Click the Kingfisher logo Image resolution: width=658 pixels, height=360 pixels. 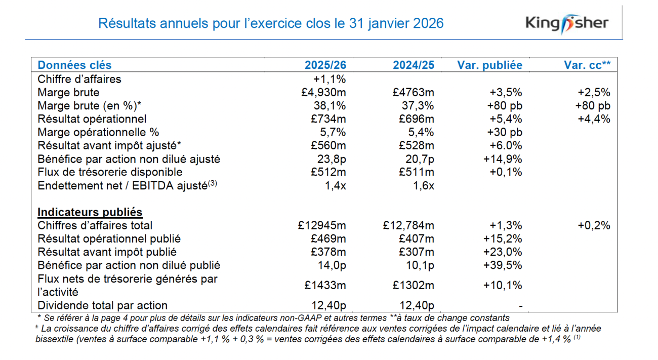tap(567, 23)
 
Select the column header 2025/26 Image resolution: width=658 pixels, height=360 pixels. tap(325, 65)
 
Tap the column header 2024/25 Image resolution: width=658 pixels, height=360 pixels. tap(413, 65)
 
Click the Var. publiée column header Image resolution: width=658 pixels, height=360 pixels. tap(489, 65)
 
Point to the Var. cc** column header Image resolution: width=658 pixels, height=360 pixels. tap(587, 65)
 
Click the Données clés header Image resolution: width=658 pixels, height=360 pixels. tap(75, 65)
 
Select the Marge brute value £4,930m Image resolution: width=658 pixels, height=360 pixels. tap(323, 93)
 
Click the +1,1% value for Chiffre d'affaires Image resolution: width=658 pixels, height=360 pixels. tap(330, 79)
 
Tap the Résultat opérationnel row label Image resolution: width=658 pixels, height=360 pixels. tap(92, 119)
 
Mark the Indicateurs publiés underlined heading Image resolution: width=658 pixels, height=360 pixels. tap(90, 212)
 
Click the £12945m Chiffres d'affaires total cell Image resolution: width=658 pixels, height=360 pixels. tap(322, 225)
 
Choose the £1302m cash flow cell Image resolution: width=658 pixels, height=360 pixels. tap(413, 285)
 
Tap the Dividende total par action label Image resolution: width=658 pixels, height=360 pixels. tap(102, 305)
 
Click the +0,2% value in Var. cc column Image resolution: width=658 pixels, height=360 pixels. tap(594, 225)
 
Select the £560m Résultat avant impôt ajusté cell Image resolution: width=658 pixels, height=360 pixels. tap(328, 146)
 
